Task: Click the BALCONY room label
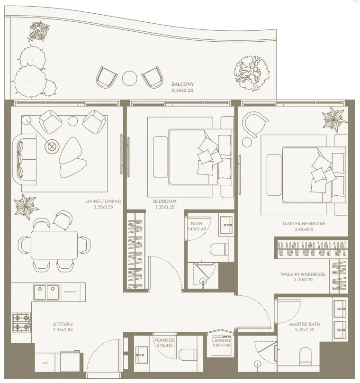coord(182,84)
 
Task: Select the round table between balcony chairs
coord(129,78)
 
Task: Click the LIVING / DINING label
coord(103,201)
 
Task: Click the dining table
coord(54,246)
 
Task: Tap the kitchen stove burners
coord(22,322)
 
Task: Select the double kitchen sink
coord(46,292)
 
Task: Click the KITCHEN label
coord(63,325)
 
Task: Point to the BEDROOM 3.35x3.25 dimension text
coord(164,207)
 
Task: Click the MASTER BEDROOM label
coord(304,224)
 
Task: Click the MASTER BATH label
coord(304,325)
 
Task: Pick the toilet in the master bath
coord(306,356)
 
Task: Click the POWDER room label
coord(164,340)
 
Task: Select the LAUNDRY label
coord(222,340)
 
